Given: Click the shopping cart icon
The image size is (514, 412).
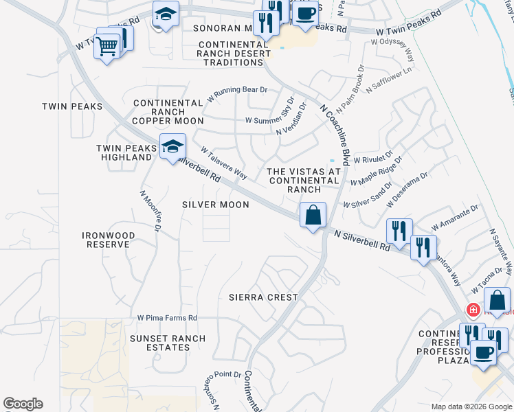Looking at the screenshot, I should click(x=107, y=47).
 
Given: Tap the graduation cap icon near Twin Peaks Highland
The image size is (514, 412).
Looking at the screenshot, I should click(x=172, y=146).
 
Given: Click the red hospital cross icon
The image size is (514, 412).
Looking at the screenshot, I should click(x=473, y=310).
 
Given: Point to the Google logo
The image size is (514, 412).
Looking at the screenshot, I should click(x=23, y=404).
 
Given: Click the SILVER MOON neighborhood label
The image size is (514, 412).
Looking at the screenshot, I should click(x=216, y=205).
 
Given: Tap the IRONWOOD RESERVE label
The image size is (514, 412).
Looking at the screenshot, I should click(x=108, y=240).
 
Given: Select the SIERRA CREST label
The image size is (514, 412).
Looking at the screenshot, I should click(x=263, y=297).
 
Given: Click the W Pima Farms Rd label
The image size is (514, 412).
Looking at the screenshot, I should click(x=167, y=318).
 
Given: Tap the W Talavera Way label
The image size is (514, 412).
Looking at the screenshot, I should click(x=223, y=163).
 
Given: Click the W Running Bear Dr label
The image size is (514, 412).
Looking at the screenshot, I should click(x=240, y=91).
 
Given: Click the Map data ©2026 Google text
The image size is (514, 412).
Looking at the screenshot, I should click(x=471, y=407).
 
